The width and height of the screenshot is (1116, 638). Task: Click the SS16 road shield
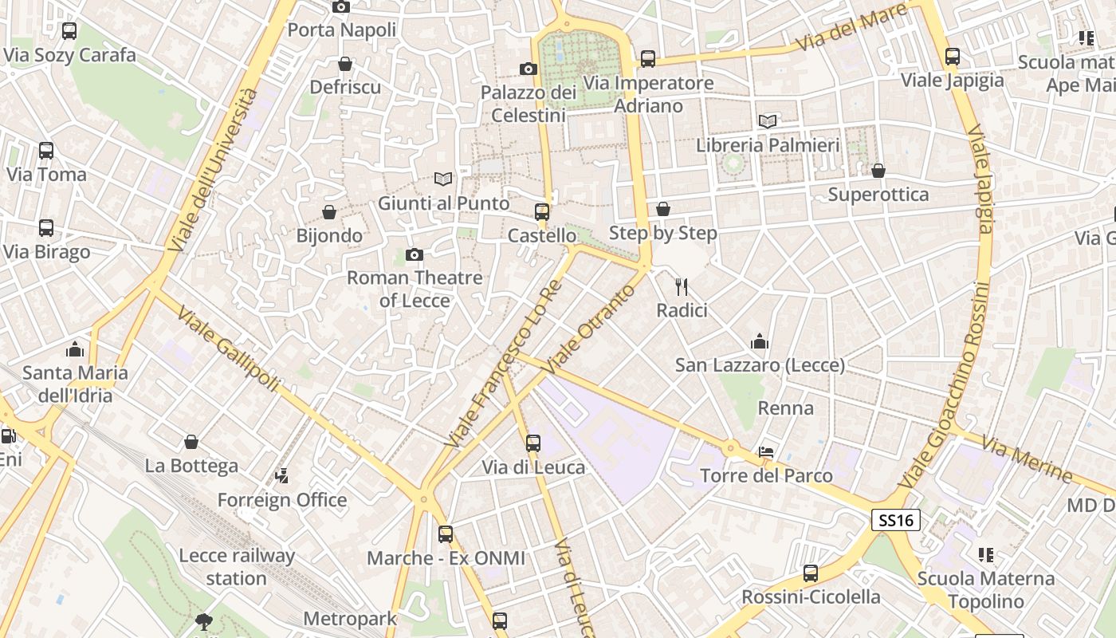(895, 521)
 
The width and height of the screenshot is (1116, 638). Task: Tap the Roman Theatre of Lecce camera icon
(415, 255)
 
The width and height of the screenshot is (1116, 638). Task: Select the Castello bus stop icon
(542, 211)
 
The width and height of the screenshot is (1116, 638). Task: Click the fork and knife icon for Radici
(682, 287)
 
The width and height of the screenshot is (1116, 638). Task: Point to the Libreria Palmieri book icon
(768, 121)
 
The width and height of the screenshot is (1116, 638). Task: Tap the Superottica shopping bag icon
(878, 171)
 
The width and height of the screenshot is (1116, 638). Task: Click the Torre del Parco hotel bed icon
(766, 452)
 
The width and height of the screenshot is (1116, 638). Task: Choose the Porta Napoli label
(341, 30)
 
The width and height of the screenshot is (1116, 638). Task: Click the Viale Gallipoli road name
(228, 349)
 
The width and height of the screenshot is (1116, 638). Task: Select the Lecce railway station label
(237, 567)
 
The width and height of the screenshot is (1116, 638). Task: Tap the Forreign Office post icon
(281, 476)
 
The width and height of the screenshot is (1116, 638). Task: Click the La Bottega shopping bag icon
(191, 442)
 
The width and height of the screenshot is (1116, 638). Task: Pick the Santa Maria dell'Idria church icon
(76, 349)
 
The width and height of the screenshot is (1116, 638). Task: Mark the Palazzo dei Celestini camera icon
(528, 69)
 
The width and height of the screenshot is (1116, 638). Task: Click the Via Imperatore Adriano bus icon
(648, 59)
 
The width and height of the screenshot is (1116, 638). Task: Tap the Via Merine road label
(1027, 459)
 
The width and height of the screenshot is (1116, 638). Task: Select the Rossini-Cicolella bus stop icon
(811, 573)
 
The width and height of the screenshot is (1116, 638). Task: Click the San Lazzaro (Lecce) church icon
(760, 341)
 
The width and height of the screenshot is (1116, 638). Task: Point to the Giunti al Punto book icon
(443, 179)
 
